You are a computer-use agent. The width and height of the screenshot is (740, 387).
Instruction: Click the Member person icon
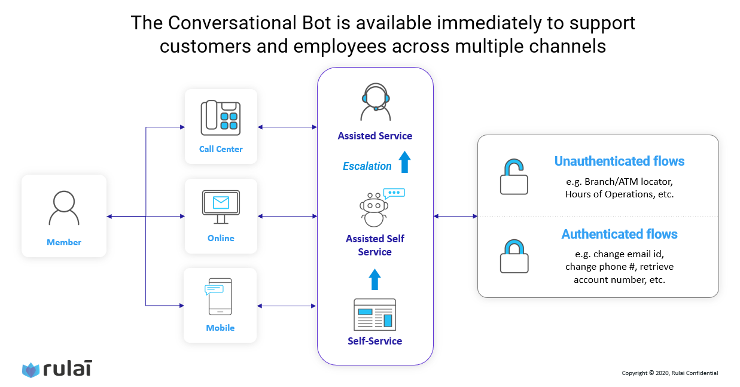click(x=64, y=208)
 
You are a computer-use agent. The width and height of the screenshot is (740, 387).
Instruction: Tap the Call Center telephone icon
click(x=220, y=115)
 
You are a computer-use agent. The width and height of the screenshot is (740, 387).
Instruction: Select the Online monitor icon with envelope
click(x=221, y=206)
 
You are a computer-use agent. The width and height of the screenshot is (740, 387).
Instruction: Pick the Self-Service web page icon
click(x=375, y=315)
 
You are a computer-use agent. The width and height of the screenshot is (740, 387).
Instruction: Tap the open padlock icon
click(x=513, y=176)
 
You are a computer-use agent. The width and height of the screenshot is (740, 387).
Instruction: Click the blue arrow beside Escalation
click(x=404, y=162)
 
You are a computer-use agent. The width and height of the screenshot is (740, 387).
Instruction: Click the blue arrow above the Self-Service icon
click(x=374, y=279)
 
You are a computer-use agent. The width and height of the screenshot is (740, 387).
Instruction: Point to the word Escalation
click(x=367, y=166)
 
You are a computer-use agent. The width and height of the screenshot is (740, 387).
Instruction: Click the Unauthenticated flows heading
click(x=619, y=161)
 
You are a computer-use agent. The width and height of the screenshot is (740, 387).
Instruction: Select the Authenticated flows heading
click(x=619, y=234)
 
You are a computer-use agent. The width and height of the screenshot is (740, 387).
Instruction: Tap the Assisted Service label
click(x=374, y=136)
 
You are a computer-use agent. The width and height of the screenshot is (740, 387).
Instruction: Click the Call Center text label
click(x=221, y=149)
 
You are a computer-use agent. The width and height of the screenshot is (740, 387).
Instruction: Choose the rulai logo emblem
click(x=31, y=370)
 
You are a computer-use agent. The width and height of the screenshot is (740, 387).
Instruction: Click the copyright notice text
click(x=669, y=373)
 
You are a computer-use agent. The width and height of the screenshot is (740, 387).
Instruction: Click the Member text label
click(x=64, y=242)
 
